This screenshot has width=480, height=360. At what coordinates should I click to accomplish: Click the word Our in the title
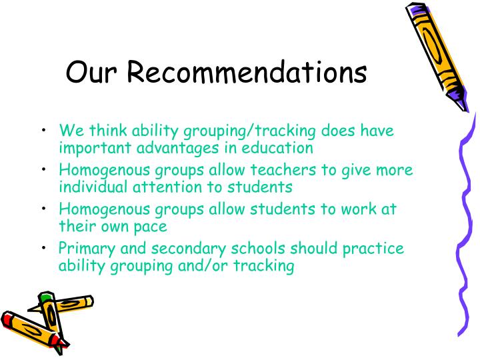tap(90, 73)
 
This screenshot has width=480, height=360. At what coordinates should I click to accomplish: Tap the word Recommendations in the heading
tap(247, 73)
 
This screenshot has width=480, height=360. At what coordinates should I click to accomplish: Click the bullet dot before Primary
tap(43, 249)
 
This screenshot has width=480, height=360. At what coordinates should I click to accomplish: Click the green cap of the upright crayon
tap(45, 297)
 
